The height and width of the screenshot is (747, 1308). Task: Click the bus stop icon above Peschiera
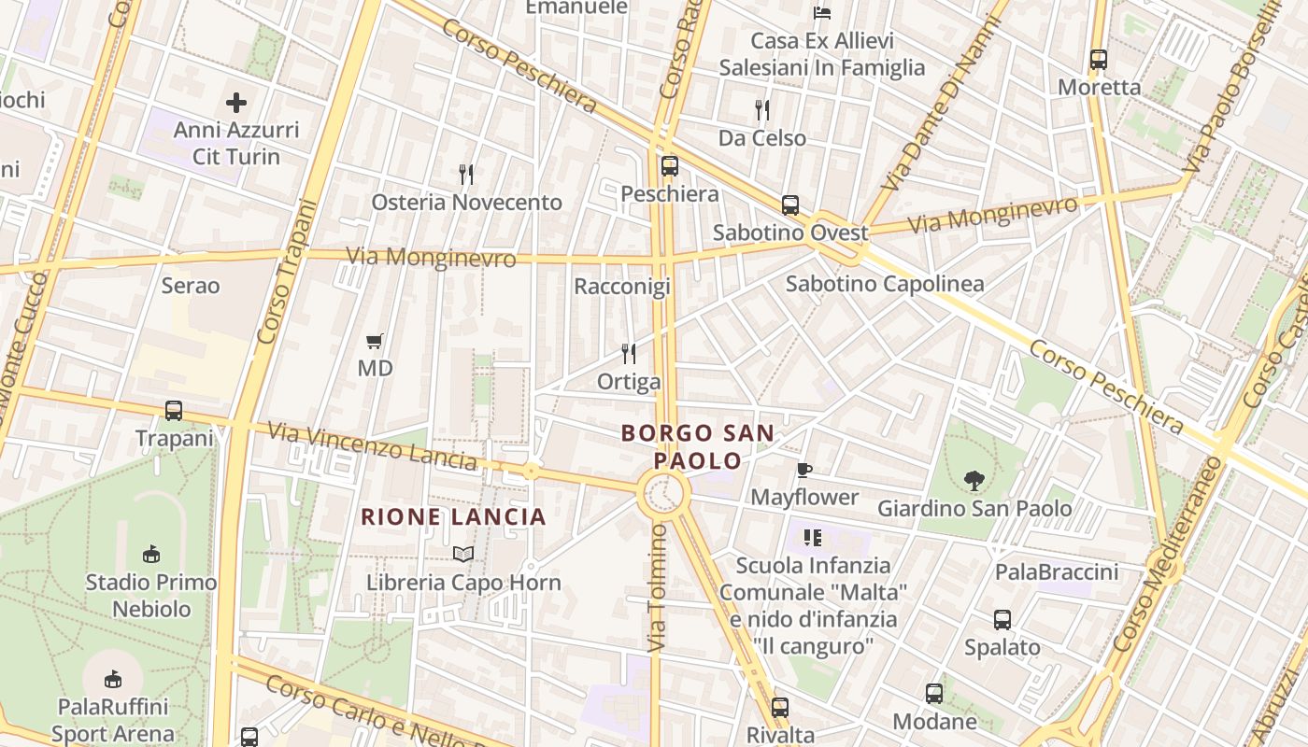pos(670,166)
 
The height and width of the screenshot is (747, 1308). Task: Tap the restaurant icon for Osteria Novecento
pos(467,175)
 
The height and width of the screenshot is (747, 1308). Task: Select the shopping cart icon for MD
pos(375,341)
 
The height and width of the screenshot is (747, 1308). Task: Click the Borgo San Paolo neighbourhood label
pos(698,446)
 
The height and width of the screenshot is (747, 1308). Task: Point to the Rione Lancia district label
pos(453,516)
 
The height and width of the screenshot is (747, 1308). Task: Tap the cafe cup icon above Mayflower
pos(803,470)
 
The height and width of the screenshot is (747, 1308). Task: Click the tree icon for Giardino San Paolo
pos(974,481)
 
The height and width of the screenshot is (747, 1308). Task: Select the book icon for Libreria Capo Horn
pos(462,555)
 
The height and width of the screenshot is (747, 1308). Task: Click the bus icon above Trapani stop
pos(174,411)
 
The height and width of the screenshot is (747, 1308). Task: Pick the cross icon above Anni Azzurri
pos(236,102)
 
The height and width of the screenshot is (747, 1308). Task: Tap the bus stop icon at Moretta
pos(1099,60)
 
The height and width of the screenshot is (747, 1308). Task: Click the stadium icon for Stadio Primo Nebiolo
pos(150,555)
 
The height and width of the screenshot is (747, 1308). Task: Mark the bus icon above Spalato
pos(1002,620)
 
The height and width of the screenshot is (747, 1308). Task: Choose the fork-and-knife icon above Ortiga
pos(629,354)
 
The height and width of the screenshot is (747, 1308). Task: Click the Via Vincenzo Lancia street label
pos(372,445)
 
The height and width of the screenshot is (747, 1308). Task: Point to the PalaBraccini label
pos(1056,571)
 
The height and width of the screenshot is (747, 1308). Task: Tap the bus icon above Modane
pos(934,694)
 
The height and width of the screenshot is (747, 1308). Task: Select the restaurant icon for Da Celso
pos(762,110)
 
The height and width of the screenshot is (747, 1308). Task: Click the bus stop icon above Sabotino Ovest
pos(790,205)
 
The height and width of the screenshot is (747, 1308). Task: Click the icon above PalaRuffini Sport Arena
pos(113,678)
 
